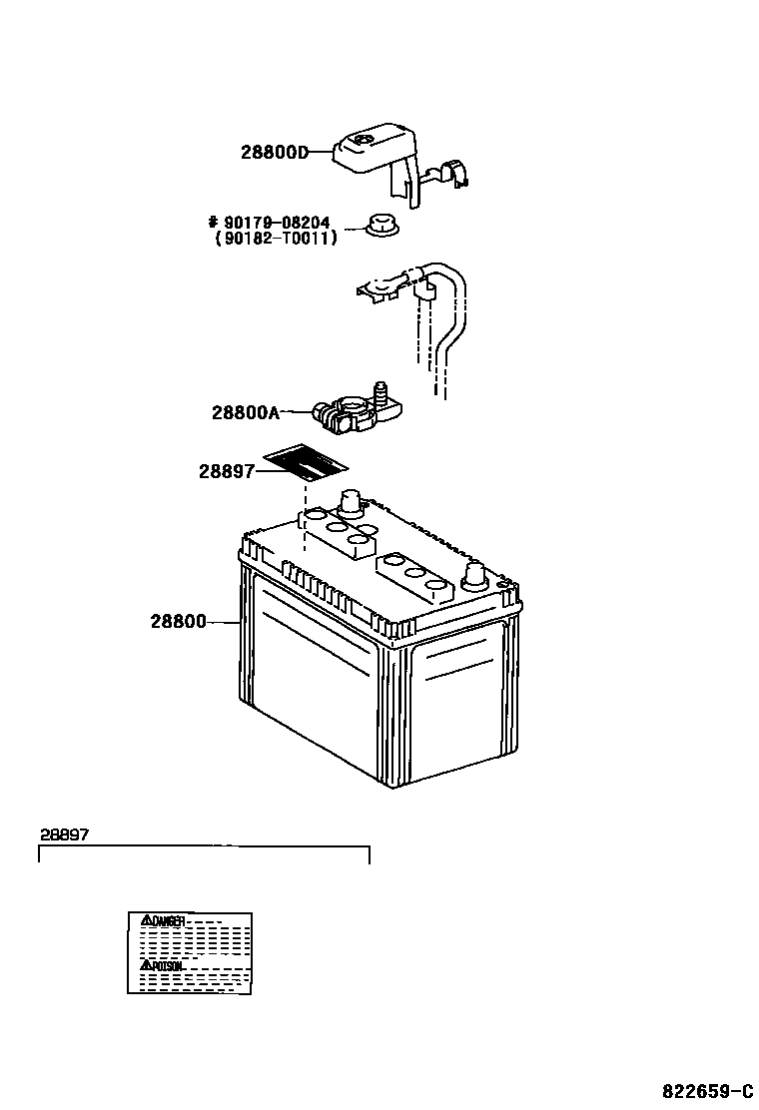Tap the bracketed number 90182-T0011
click(276, 238)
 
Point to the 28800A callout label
click(246, 411)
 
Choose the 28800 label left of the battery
click(179, 621)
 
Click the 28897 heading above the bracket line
click(65, 833)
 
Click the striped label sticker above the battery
click(306, 463)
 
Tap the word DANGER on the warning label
click(168, 920)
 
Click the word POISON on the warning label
click(167, 966)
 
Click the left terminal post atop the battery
click(351, 501)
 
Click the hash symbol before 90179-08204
click(213, 223)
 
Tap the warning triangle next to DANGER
click(145, 919)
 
